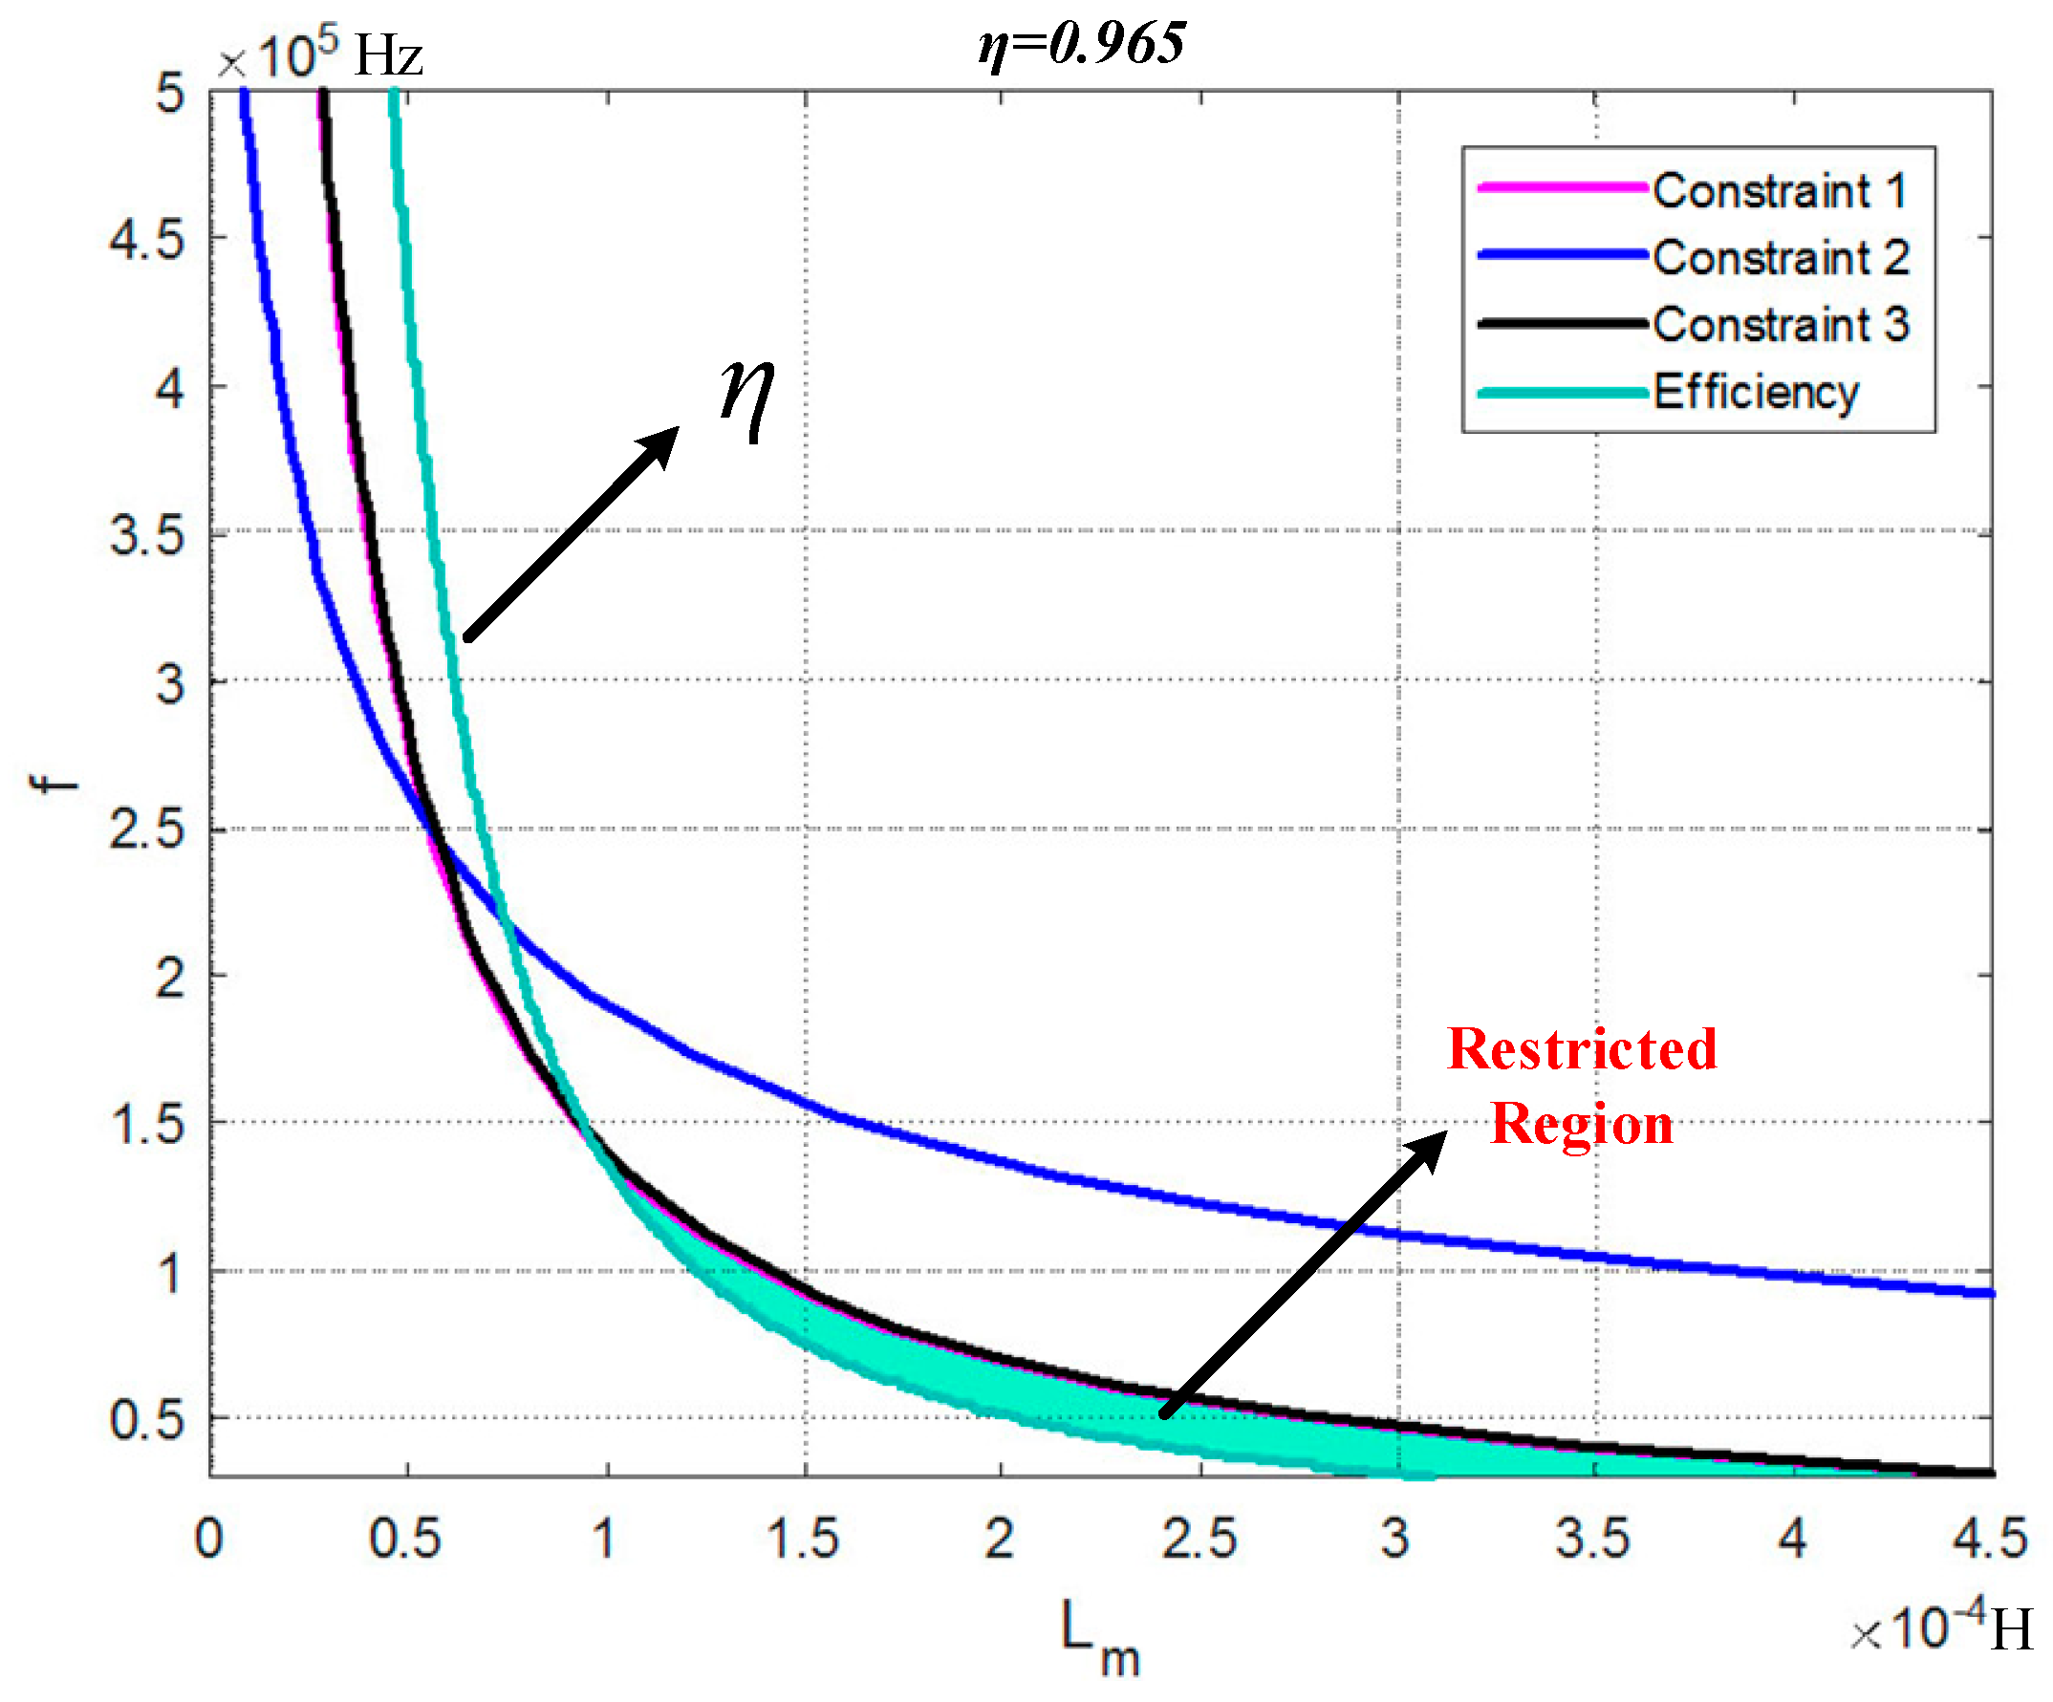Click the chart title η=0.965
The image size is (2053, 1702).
tap(1081, 44)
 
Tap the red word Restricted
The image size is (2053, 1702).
tap(1581, 1050)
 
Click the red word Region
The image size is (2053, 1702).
tap(1581, 1124)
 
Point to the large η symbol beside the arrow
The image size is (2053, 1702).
tap(746, 396)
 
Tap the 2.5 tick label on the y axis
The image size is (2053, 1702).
tap(146, 831)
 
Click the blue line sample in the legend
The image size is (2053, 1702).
tap(1563, 255)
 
